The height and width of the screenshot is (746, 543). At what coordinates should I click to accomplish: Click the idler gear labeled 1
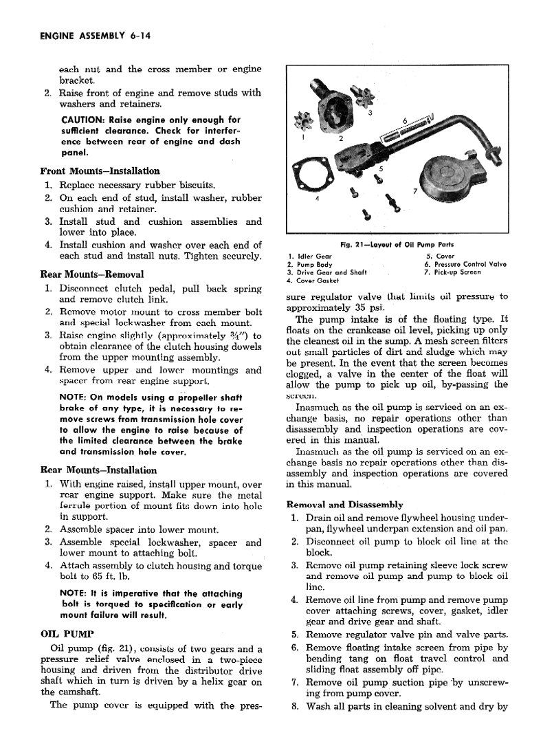[x=302, y=124]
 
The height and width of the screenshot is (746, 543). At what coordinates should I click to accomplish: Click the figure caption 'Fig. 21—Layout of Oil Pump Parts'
[x=397, y=245]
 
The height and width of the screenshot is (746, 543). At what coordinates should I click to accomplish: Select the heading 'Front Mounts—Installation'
[x=100, y=171]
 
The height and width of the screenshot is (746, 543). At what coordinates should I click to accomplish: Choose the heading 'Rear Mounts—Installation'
[x=98, y=471]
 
